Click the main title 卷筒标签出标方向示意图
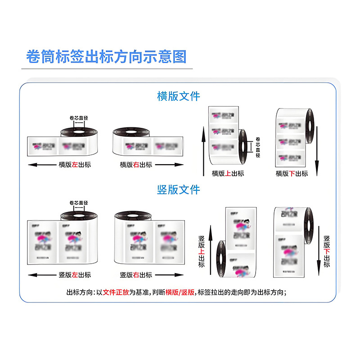pos(106,57)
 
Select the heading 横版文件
pos(179,96)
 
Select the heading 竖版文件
pos(179,189)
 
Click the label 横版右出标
pos(136,165)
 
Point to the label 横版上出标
pos(228,173)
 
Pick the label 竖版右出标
pos(136,274)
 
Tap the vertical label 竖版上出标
pos(201,252)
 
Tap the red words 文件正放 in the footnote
pos(116,292)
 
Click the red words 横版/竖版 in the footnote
pos(180,292)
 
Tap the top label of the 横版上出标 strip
pos(222,115)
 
